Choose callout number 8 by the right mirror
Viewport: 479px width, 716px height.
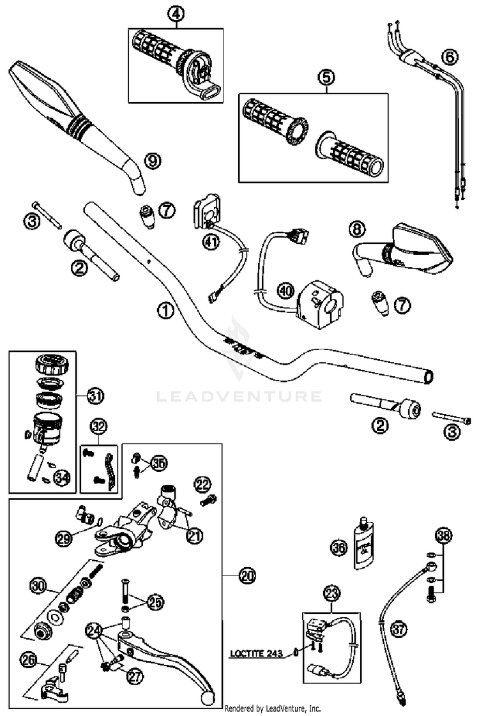point(358,228)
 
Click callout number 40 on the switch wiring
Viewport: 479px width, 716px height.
point(285,291)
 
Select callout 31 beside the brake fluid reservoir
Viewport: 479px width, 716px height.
point(95,397)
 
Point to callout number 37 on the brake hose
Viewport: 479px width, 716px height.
point(399,630)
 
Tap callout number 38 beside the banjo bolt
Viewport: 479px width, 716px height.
point(443,535)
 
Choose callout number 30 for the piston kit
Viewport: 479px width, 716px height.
point(38,584)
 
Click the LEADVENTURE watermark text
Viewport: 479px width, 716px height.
point(240,397)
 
